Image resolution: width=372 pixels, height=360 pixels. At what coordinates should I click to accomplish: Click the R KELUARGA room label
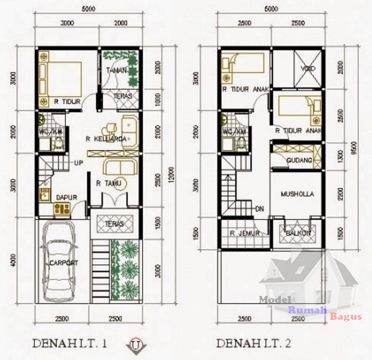click(106, 139)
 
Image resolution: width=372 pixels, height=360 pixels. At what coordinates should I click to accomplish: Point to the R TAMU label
click(107, 183)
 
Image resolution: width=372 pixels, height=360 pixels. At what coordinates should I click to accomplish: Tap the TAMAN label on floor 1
click(116, 70)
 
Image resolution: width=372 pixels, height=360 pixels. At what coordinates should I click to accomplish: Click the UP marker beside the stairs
click(79, 163)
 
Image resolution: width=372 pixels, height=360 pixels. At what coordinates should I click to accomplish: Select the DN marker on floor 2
click(259, 208)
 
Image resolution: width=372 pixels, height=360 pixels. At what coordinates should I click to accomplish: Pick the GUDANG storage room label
click(300, 161)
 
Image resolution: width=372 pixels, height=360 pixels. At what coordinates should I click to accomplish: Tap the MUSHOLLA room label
click(297, 194)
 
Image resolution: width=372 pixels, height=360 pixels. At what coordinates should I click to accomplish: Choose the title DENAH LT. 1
click(72, 344)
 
